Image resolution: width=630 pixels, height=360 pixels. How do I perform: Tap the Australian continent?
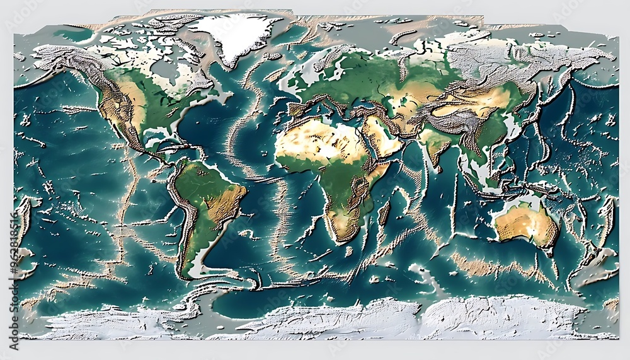point(525,224)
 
